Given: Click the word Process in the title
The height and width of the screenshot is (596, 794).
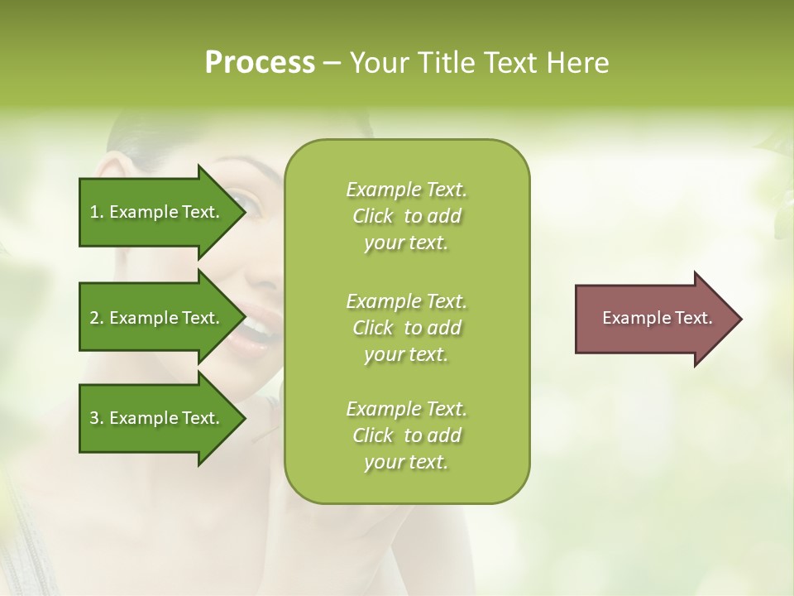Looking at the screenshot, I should pos(260,63).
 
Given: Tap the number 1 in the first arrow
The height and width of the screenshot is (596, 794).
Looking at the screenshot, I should pos(94,212).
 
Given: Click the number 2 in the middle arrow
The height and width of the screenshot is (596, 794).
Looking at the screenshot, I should pos(94,318).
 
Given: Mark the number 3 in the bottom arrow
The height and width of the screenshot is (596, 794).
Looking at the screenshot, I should pos(94,418).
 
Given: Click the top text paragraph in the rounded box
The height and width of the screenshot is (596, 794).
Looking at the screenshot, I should pos(406,216).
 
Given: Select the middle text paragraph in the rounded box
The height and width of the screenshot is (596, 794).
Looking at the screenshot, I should pos(406,328).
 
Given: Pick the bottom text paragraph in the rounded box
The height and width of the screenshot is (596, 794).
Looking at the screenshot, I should pos(406,435).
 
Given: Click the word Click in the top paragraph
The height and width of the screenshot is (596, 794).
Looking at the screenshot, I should pos(373,216).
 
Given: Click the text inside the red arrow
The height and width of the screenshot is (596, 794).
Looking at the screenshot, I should pos(657,318).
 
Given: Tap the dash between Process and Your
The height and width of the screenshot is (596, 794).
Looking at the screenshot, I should pos(332,64).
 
